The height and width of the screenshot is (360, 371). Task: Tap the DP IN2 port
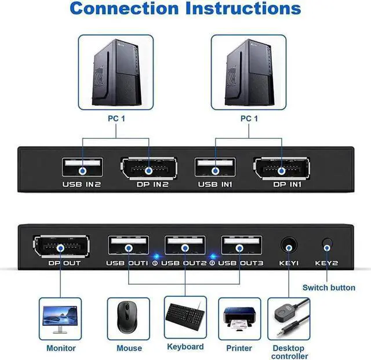click(148, 170)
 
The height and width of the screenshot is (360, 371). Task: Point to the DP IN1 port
click(282, 170)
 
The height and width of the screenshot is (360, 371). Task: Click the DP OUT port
click(60, 246)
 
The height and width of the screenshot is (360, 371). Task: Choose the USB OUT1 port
click(128, 246)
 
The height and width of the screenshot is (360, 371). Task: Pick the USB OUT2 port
click(185, 246)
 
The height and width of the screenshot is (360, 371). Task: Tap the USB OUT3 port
click(241, 246)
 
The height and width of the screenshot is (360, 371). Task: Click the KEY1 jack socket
click(289, 246)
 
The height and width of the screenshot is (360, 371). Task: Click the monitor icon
click(60, 318)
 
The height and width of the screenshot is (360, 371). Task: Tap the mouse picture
click(128, 318)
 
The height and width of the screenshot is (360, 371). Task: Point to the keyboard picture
click(185, 316)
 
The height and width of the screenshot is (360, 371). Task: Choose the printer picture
click(239, 318)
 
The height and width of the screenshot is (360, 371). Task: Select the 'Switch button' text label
click(329, 288)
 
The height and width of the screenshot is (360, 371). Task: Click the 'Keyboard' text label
click(185, 347)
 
